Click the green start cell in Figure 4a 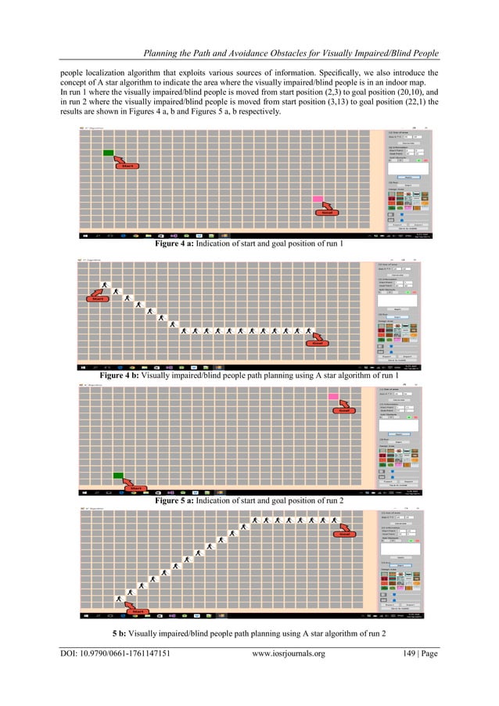109,153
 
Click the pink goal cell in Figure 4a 318,200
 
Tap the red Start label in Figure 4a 125,166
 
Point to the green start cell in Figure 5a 119,475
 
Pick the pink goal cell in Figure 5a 333,398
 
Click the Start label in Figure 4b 98,298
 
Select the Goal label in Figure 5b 340,535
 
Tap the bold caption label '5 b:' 124,632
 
